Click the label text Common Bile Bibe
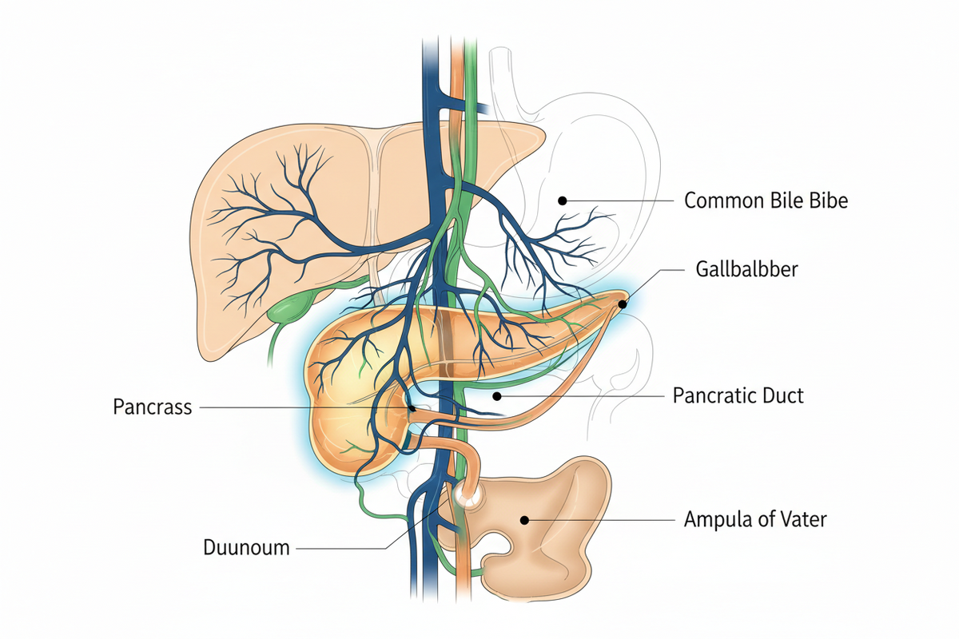[x=766, y=200]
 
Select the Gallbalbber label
[x=746, y=269]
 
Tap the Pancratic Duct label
[x=738, y=395]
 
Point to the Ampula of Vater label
[x=755, y=519]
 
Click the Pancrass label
[x=153, y=407]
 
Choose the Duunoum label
[x=246, y=547]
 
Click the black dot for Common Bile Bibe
[x=563, y=200]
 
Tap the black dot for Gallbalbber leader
[x=623, y=304]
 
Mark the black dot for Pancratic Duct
[x=496, y=396]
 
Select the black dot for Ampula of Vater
[x=524, y=520]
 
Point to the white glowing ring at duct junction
[x=466, y=494]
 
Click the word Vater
[x=804, y=519]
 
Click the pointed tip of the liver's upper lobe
[x=544, y=133]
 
